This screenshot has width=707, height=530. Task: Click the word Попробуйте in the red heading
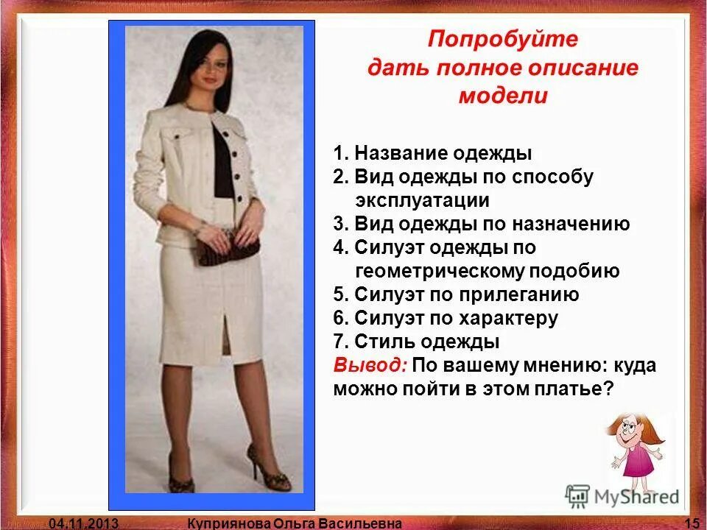point(503,39)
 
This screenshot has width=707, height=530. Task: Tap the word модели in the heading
point(503,96)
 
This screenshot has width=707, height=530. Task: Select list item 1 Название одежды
point(432,154)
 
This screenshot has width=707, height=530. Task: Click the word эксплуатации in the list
point(422,200)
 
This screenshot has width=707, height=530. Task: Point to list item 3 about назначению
point(482,224)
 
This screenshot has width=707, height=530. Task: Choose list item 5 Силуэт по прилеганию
point(456,294)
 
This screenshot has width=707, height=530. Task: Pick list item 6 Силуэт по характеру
point(446,318)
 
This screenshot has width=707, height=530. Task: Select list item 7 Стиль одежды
point(417,342)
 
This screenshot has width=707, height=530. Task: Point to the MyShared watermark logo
point(622,496)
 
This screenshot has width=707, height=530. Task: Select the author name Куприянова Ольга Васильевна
point(295,523)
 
